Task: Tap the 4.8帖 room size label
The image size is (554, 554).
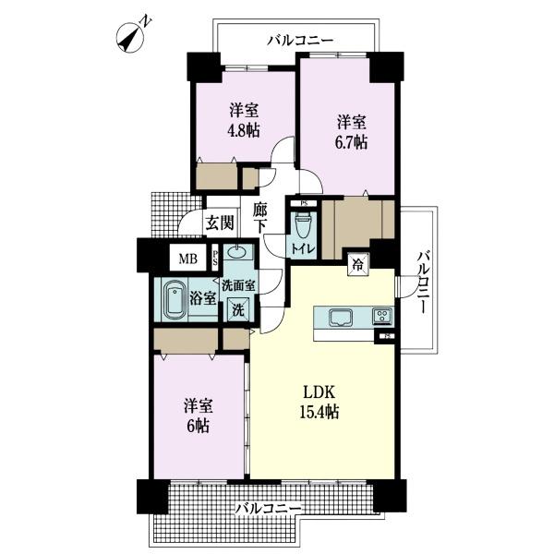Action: point(244,131)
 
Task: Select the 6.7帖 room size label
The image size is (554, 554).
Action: point(351,143)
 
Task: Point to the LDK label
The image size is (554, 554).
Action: point(319,392)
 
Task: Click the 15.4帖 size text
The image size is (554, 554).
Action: point(319,412)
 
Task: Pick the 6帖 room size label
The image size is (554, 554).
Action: point(199,427)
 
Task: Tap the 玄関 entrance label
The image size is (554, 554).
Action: point(220,223)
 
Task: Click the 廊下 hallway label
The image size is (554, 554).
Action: point(260,218)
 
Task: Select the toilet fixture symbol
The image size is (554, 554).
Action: point(303,224)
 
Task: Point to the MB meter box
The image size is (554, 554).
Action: point(188,259)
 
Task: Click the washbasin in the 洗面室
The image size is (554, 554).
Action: point(237,252)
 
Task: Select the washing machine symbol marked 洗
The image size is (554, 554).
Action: point(238,310)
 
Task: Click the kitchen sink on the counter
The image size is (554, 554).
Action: point(341,318)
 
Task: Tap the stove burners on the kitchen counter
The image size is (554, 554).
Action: point(382,316)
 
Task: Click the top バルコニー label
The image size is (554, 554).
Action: point(300,41)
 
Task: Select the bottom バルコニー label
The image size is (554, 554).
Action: point(269,509)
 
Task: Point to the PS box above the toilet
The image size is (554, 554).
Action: point(304,204)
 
